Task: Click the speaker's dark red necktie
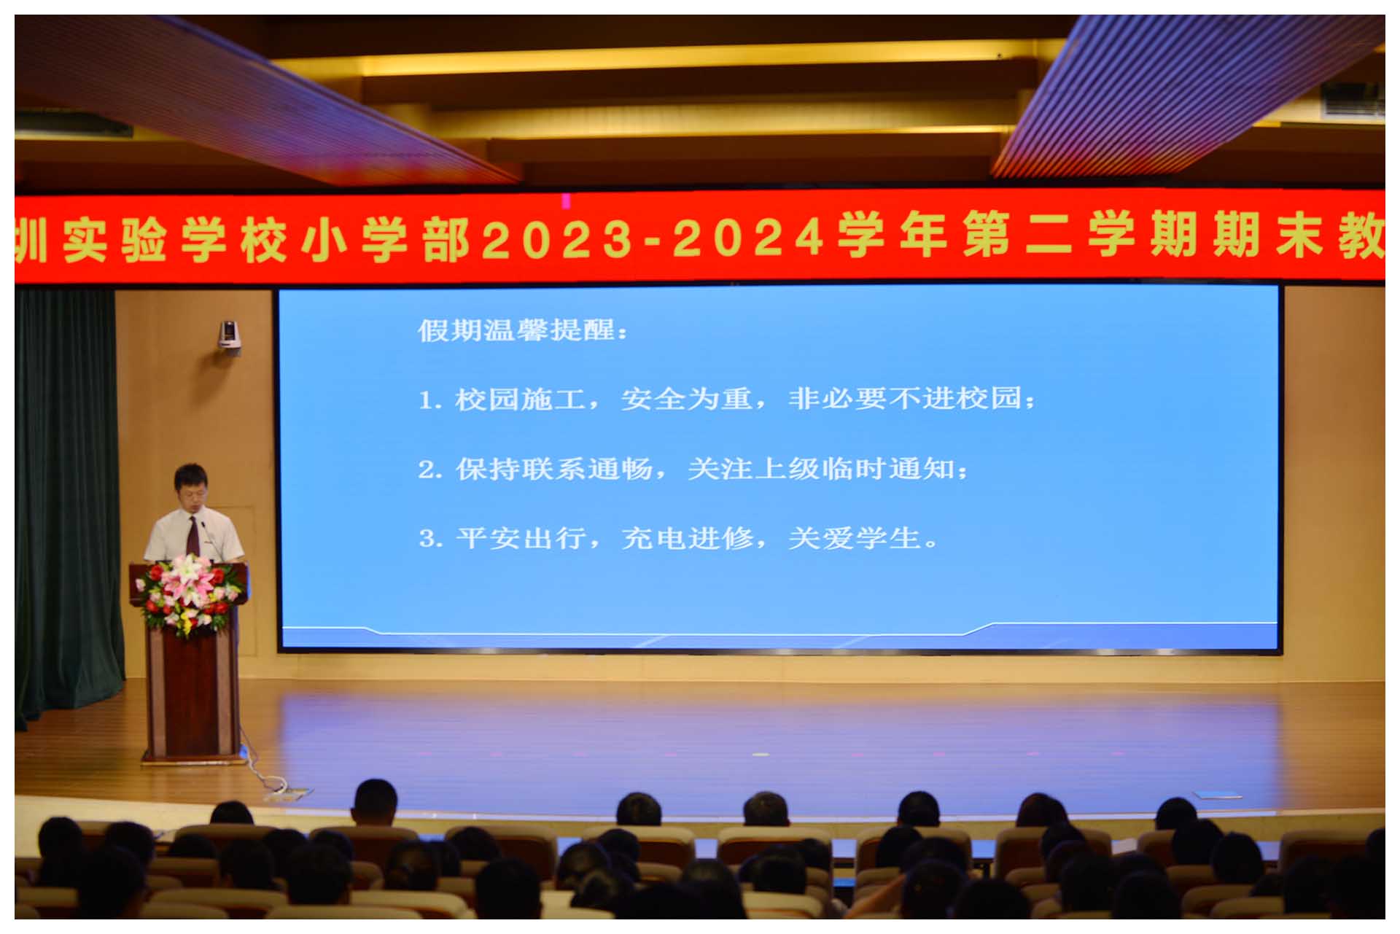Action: (193, 537)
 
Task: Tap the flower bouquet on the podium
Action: (190, 591)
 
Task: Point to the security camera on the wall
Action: (230, 336)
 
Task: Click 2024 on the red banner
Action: (748, 238)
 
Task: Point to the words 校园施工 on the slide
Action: (520, 399)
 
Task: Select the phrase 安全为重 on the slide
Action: (686, 399)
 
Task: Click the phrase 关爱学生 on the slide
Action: (854, 539)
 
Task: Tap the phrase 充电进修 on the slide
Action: (687, 539)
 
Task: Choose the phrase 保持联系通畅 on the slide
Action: (554, 469)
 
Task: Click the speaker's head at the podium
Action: (191, 489)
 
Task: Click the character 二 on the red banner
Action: (1048, 237)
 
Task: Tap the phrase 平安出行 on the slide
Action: (521, 539)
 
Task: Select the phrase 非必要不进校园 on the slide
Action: (905, 399)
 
